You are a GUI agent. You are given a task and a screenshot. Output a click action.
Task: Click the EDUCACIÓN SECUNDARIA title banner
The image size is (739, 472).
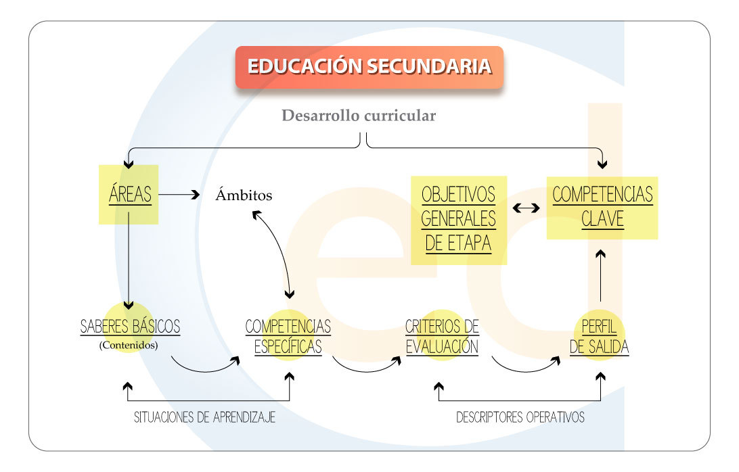point(369,67)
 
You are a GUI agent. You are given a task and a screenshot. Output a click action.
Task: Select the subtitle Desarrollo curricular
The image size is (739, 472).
point(359,116)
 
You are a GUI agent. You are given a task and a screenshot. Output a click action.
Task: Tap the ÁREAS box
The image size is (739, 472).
point(130,195)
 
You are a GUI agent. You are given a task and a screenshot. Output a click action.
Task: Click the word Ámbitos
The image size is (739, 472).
point(244,196)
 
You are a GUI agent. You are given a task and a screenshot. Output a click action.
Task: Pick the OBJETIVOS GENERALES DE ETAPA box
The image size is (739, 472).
point(458,219)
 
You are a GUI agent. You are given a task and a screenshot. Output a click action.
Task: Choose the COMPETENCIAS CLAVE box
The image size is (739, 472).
point(602,206)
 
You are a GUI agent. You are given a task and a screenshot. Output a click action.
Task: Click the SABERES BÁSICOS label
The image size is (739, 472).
point(130,327)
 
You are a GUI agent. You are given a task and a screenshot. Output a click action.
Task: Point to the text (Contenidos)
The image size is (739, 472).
point(129,345)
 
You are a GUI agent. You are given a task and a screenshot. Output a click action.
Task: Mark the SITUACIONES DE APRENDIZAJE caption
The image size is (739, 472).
point(204,417)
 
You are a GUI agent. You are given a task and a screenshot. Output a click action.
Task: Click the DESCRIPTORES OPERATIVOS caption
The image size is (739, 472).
point(520,417)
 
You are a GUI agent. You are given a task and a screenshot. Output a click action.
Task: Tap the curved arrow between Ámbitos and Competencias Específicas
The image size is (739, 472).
point(277,250)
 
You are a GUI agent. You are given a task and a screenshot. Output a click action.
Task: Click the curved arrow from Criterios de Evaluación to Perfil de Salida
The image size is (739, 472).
point(524,369)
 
